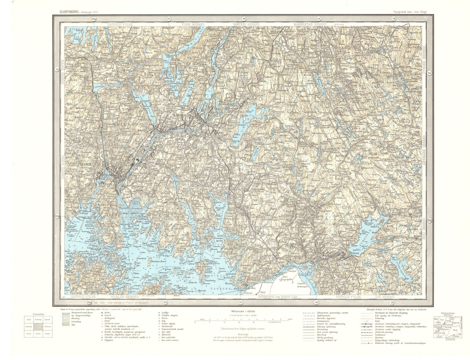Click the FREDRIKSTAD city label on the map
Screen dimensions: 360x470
point(88,165)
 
